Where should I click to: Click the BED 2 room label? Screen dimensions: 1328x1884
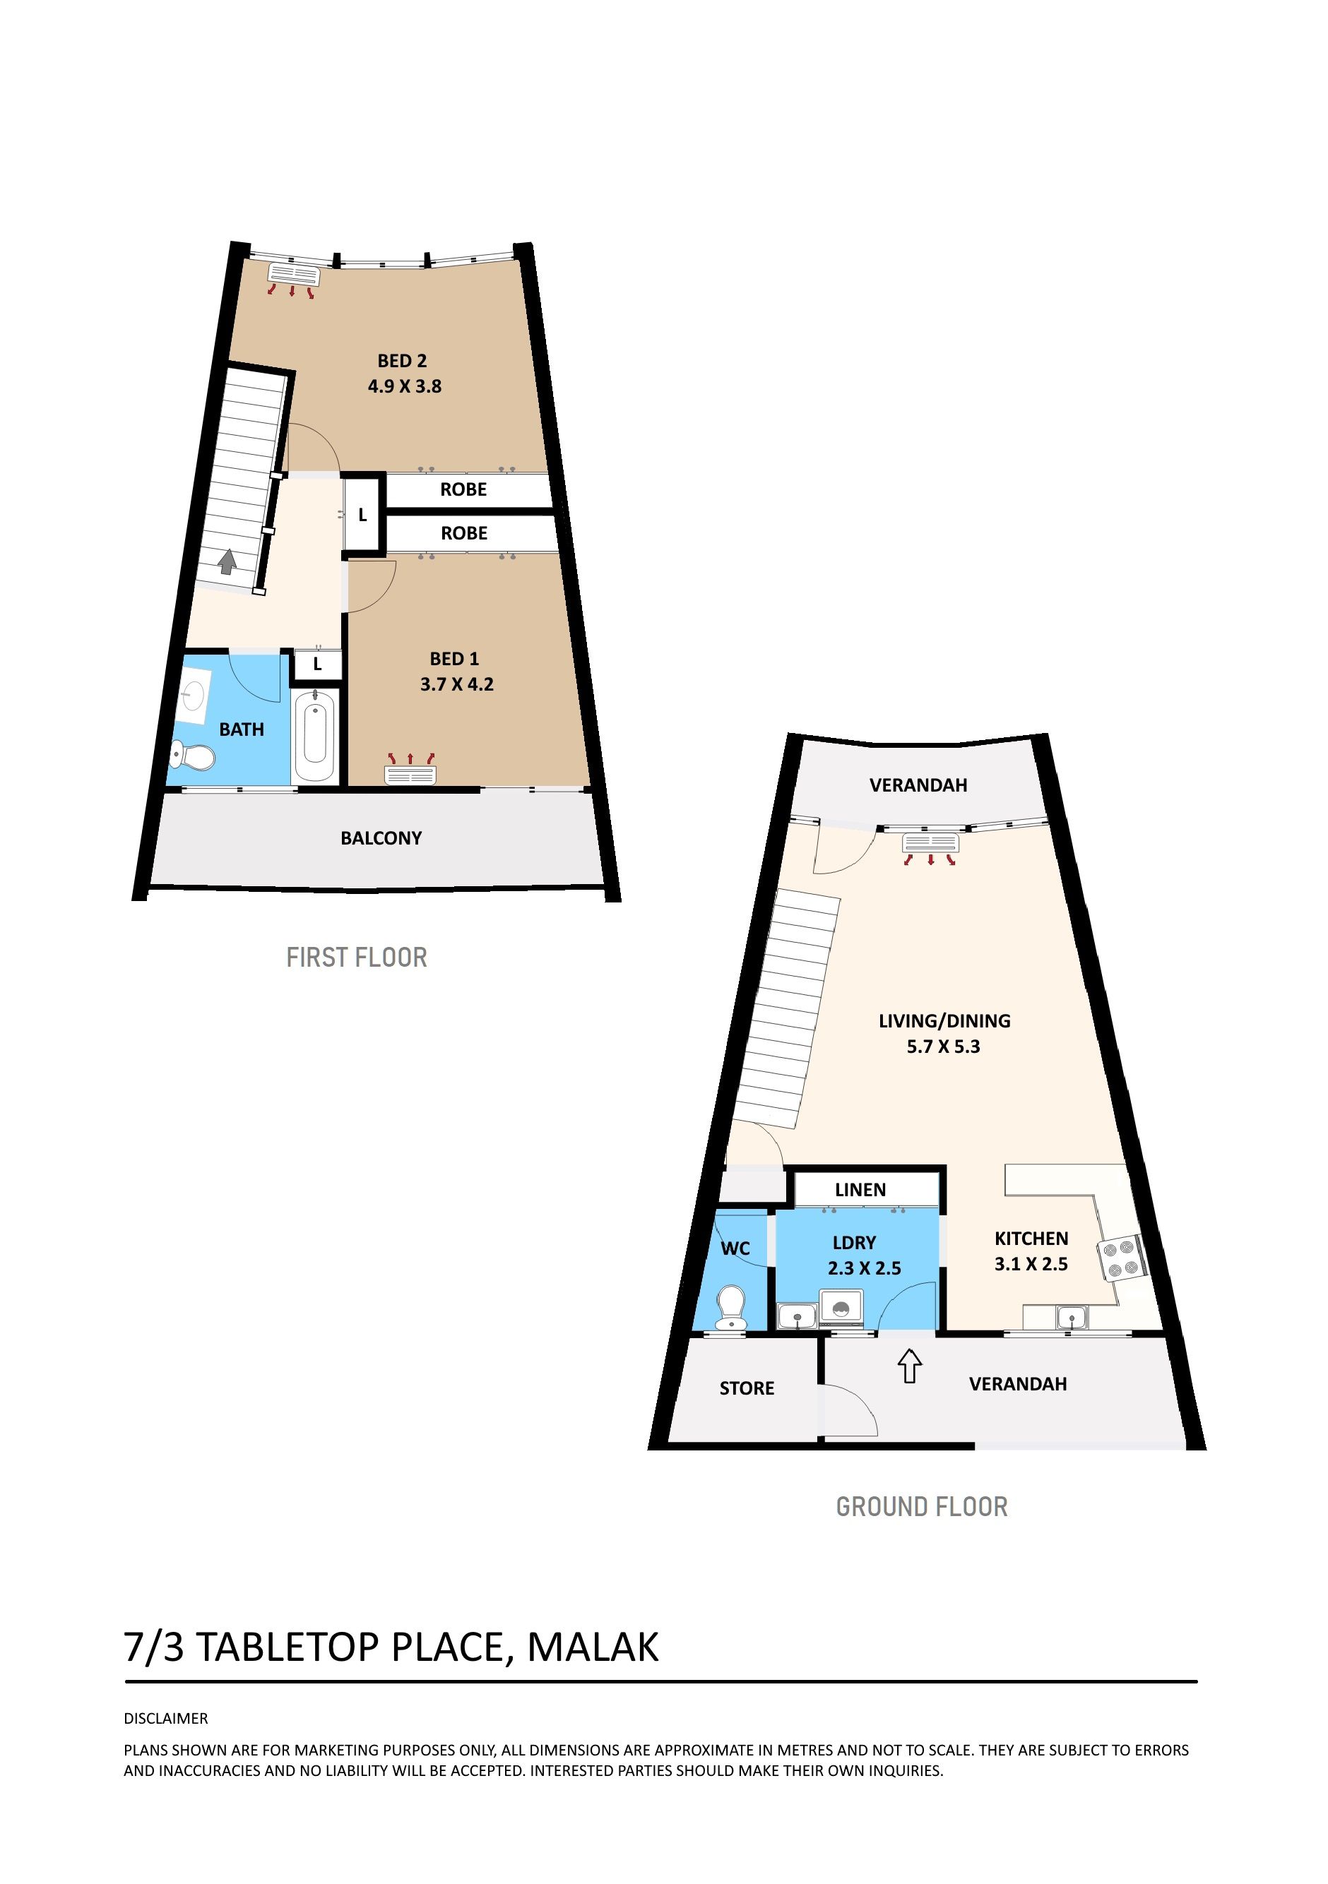click(x=401, y=360)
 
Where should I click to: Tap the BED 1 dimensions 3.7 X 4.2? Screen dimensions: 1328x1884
click(x=456, y=684)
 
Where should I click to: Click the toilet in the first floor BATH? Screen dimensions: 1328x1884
click(x=192, y=756)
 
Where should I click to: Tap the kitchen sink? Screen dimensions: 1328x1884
click(x=1071, y=1318)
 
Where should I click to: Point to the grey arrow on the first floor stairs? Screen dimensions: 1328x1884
click(x=227, y=561)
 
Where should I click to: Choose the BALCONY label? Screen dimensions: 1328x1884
click(x=381, y=837)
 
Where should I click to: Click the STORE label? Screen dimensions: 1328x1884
click(x=747, y=1388)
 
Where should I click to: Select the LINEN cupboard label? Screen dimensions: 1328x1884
click(x=860, y=1189)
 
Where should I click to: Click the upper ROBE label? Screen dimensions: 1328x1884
click(x=463, y=489)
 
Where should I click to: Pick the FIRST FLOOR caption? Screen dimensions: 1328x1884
click(x=356, y=957)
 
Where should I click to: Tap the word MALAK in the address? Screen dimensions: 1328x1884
click(x=593, y=1646)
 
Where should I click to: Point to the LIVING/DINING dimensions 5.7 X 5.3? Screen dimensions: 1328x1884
click(x=943, y=1047)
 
